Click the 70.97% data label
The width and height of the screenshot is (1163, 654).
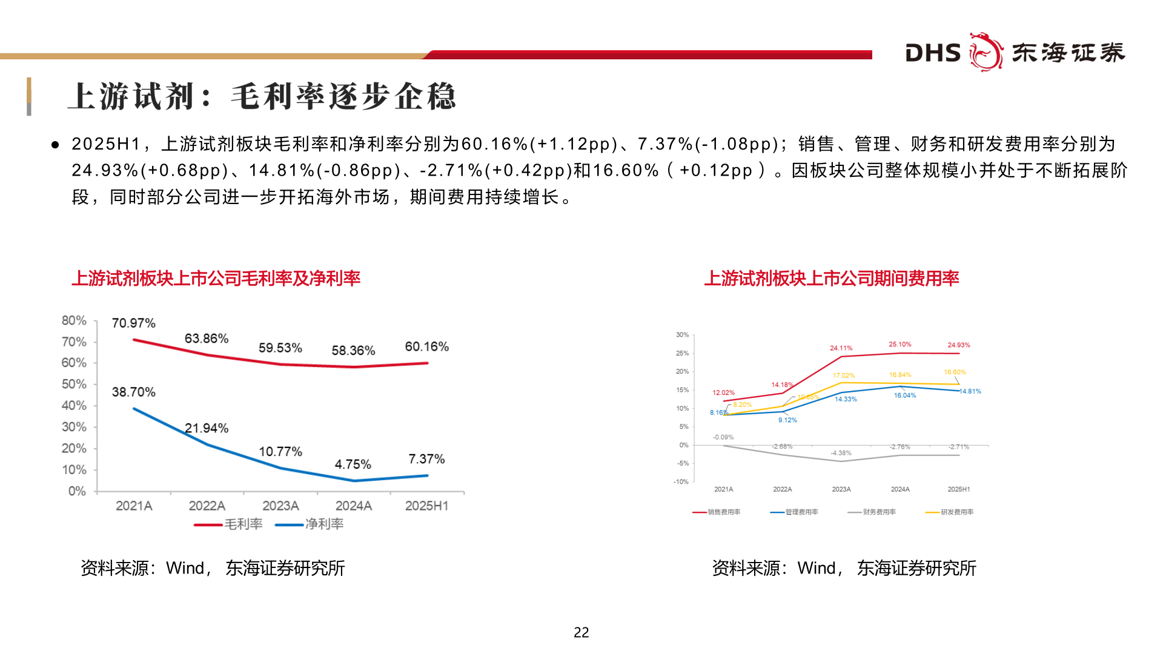[133, 323]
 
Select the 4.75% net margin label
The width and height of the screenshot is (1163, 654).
[353, 464]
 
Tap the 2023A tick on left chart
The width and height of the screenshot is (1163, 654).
[280, 506]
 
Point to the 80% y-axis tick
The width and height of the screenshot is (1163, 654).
[74, 320]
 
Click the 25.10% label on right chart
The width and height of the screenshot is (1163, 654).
[900, 345]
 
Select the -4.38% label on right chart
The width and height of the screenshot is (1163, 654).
[841, 453]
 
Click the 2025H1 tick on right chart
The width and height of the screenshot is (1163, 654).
[958, 489]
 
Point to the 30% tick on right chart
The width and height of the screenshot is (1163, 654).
[682, 335]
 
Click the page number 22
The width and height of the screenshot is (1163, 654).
[581, 632]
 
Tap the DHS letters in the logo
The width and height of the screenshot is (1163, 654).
[933, 53]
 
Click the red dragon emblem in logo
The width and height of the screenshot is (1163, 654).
[986, 52]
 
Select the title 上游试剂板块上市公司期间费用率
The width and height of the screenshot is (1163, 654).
[831, 279]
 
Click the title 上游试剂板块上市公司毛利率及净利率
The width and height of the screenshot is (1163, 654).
[216, 279]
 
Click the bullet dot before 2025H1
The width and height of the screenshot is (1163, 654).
[55, 145]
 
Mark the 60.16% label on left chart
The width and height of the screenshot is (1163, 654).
[426, 347]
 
